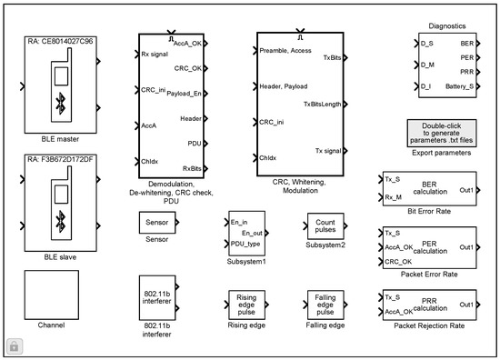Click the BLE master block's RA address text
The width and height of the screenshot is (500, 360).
pyautogui.click(x=61, y=42)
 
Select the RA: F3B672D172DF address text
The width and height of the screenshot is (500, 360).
pyautogui.click(x=63, y=160)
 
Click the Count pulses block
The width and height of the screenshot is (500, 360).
pyautogui.click(x=325, y=225)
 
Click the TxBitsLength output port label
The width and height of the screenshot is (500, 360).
pyautogui.click(x=322, y=104)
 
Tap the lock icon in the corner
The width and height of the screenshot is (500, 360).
pyautogui.click(x=15, y=345)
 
